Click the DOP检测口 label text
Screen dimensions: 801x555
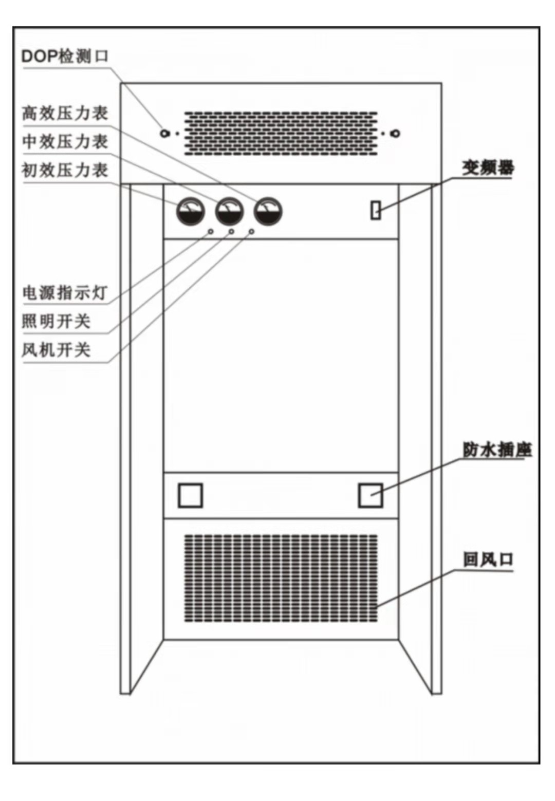(x=65, y=55)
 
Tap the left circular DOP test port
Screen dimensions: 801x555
(x=164, y=133)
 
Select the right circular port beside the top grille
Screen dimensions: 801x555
(x=395, y=134)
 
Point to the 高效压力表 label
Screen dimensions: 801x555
(x=65, y=113)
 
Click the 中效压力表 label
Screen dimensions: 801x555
(x=65, y=141)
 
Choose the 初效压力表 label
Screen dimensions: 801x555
(x=65, y=170)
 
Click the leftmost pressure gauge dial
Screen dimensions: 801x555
(x=191, y=212)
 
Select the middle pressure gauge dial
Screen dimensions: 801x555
(x=229, y=212)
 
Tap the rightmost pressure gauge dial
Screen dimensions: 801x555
(x=268, y=212)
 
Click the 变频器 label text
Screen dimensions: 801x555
(x=487, y=167)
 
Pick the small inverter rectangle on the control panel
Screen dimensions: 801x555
(x=376, y=210)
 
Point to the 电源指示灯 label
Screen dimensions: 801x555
(x=65, y=293)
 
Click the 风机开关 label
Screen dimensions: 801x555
(x=56, y=350)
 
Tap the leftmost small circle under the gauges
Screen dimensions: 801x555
(x=211, y=232)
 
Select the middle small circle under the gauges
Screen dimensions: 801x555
(x=231, y=232)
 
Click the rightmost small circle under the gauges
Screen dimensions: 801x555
(x=251, y=232)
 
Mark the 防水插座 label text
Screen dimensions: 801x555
(x=496, y=450)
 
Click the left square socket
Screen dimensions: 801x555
(x=190, y=495)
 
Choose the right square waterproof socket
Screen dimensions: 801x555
(x=370, y=495)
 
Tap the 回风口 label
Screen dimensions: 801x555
(x=488, y=559)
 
